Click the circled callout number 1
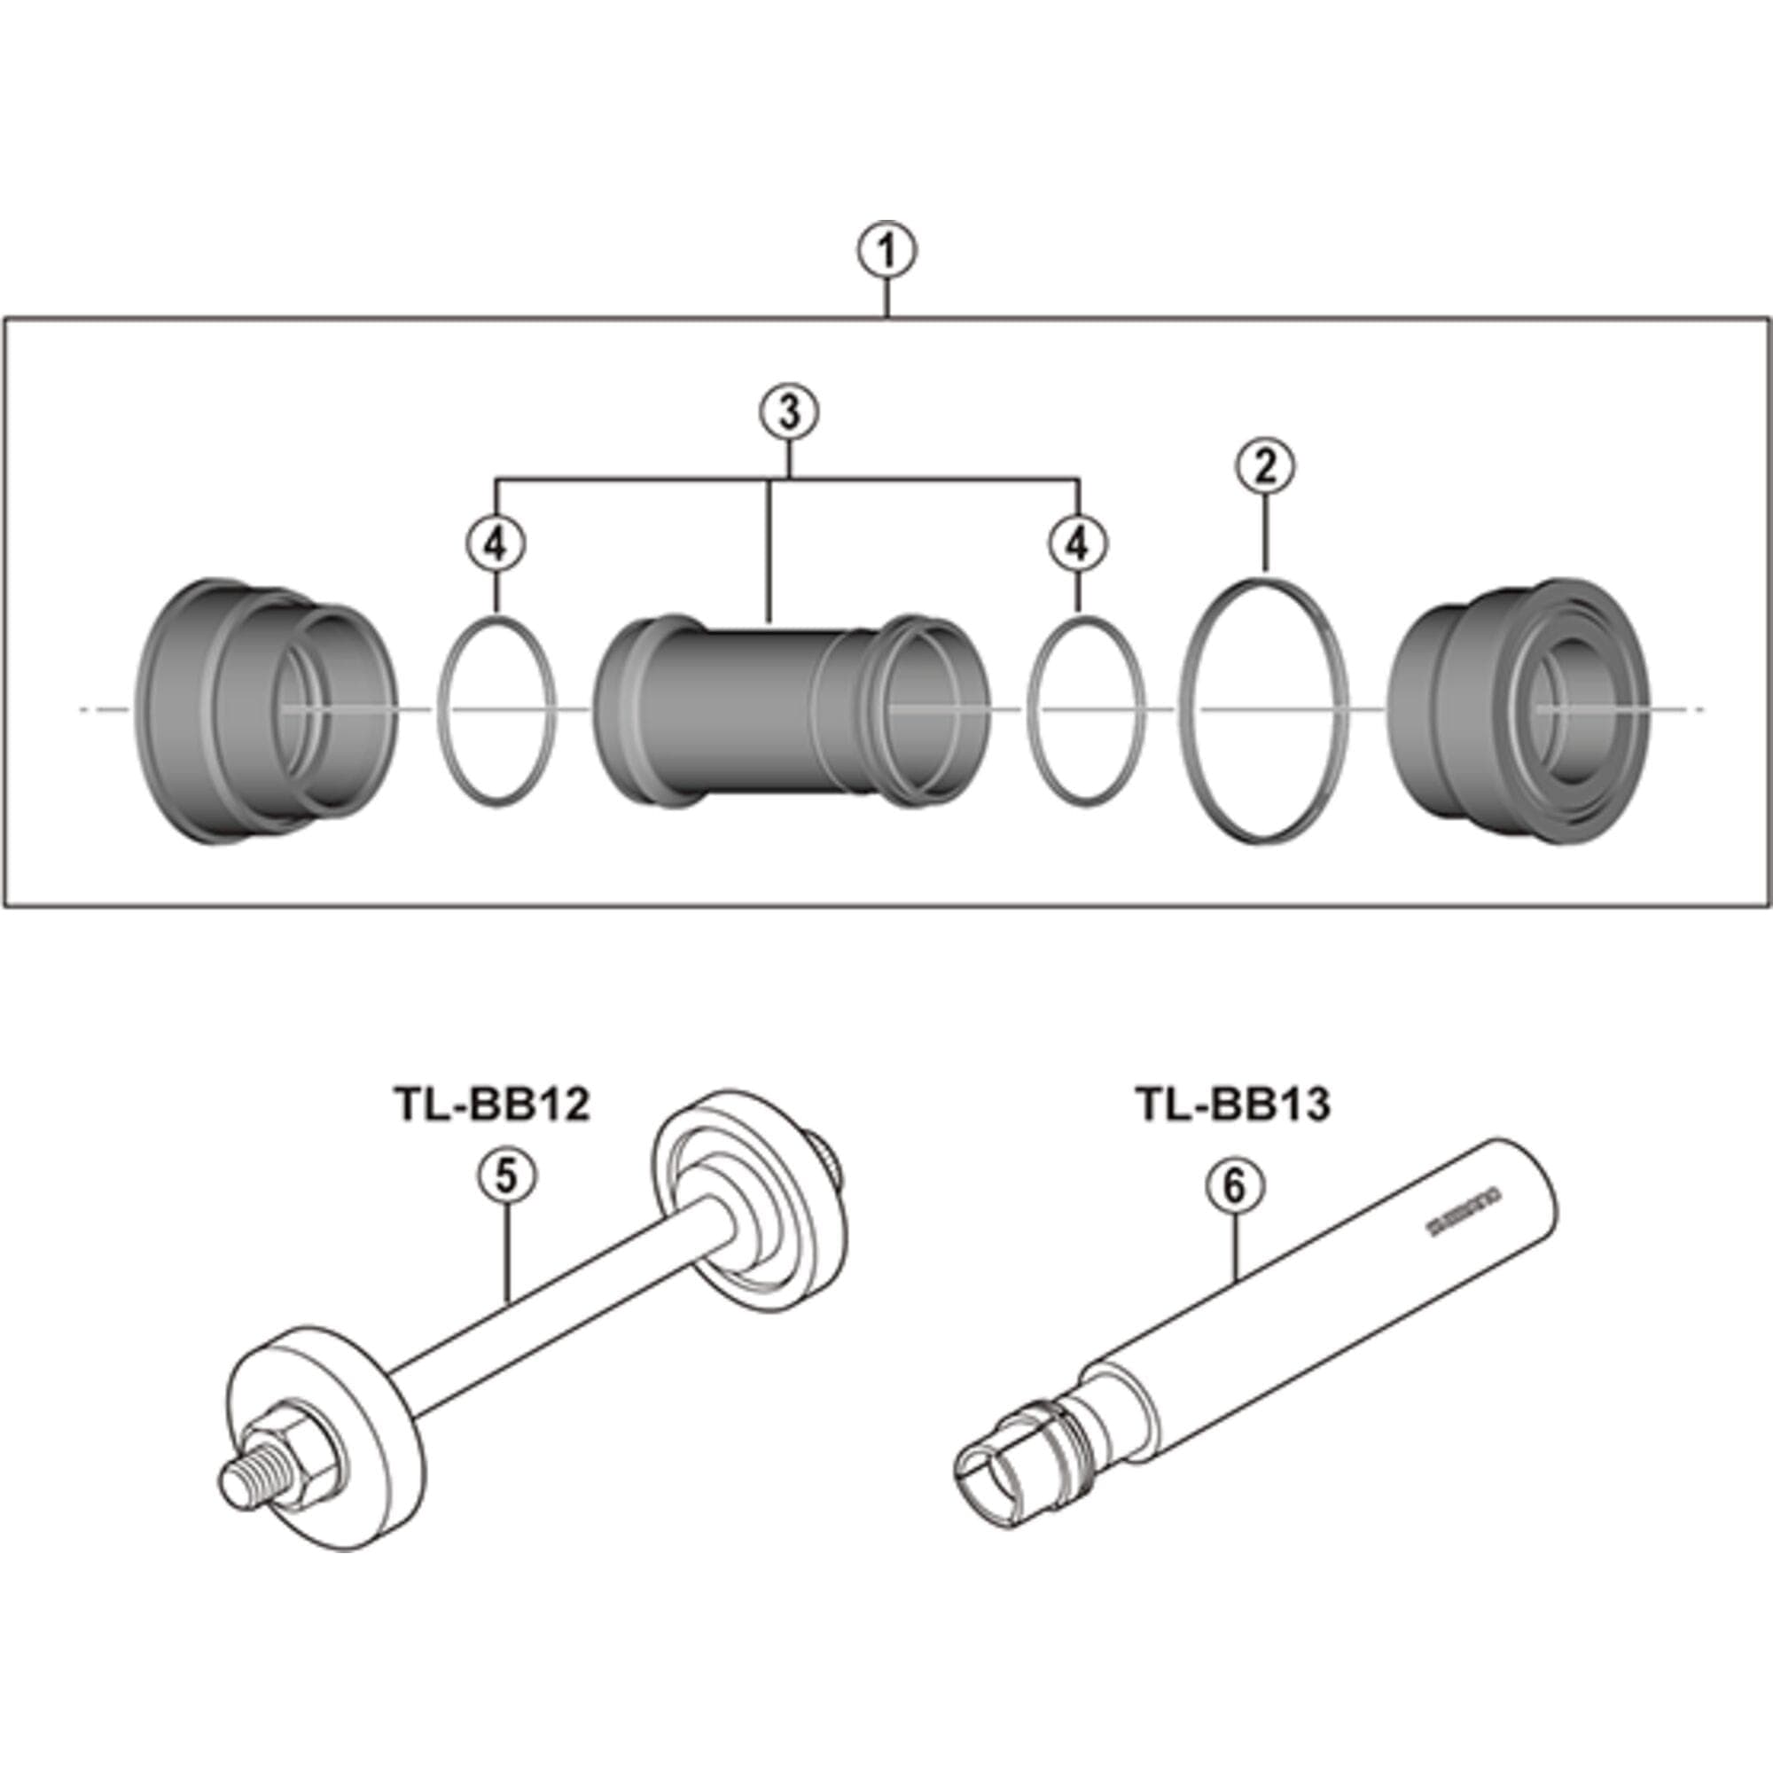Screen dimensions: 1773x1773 pos(886,252)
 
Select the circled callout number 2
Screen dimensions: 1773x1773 pos(1265,468)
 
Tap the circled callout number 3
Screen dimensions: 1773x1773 pos(789,412)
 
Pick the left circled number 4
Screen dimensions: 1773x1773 pos(496,545)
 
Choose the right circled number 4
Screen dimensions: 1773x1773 pos(1078,545)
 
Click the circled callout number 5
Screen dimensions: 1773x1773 pos(507,1177)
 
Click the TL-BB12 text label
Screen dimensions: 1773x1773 pos(491,1104)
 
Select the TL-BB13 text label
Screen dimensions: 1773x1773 pos(1232,1104)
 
